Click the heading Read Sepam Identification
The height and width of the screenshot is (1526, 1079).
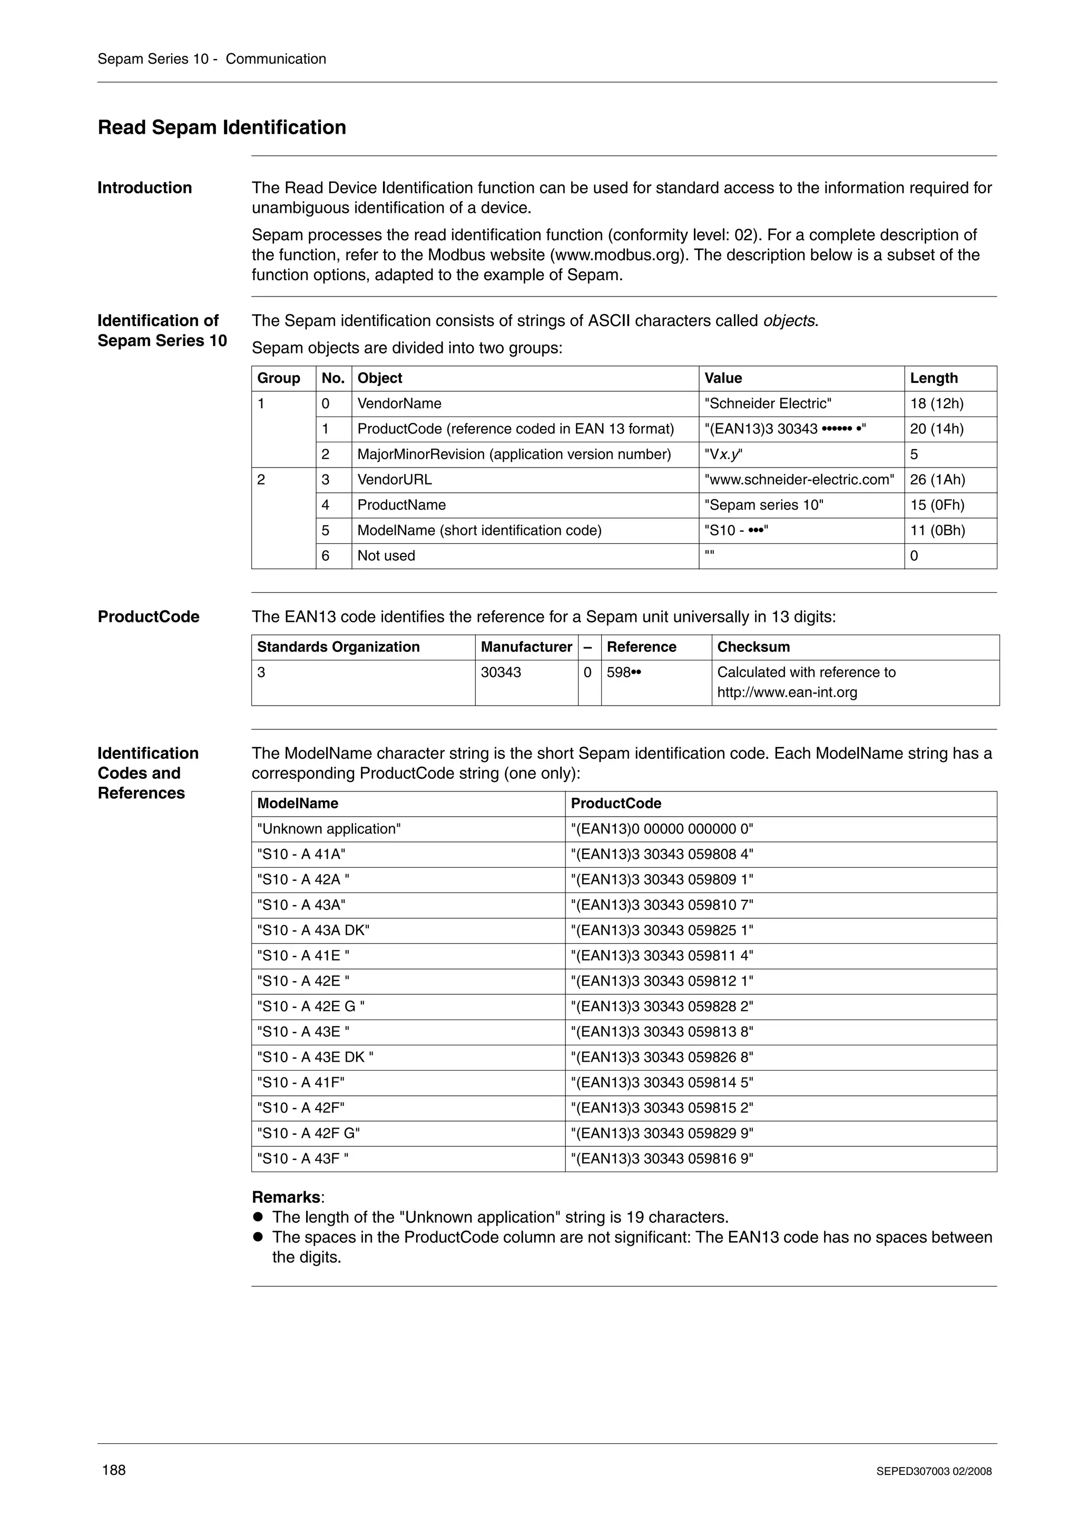click(221, 127)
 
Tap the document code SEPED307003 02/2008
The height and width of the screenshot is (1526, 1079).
click(934, 1471)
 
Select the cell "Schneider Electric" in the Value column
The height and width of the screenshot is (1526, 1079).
click(768, 403)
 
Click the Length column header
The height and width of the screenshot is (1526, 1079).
click(934, 378)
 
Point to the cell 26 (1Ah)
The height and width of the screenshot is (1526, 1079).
click(937, 480)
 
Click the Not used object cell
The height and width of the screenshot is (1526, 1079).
click(386, 556)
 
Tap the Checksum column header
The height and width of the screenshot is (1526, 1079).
click(753, 647)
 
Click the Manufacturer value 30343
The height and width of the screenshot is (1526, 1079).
click(501, 672)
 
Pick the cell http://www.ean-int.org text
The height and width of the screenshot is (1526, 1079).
click(787, 692)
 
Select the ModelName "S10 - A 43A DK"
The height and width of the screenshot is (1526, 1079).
click(313, 930)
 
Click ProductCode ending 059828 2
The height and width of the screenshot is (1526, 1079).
click(662, 1006)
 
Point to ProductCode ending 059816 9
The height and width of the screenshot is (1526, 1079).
click(662, 1158)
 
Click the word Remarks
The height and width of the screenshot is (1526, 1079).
click(286, 1197)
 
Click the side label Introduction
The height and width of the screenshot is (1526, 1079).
click(144, 188)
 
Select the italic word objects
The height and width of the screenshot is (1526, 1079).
click(789, 321)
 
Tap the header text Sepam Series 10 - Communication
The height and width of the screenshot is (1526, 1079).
click(211, 59)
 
